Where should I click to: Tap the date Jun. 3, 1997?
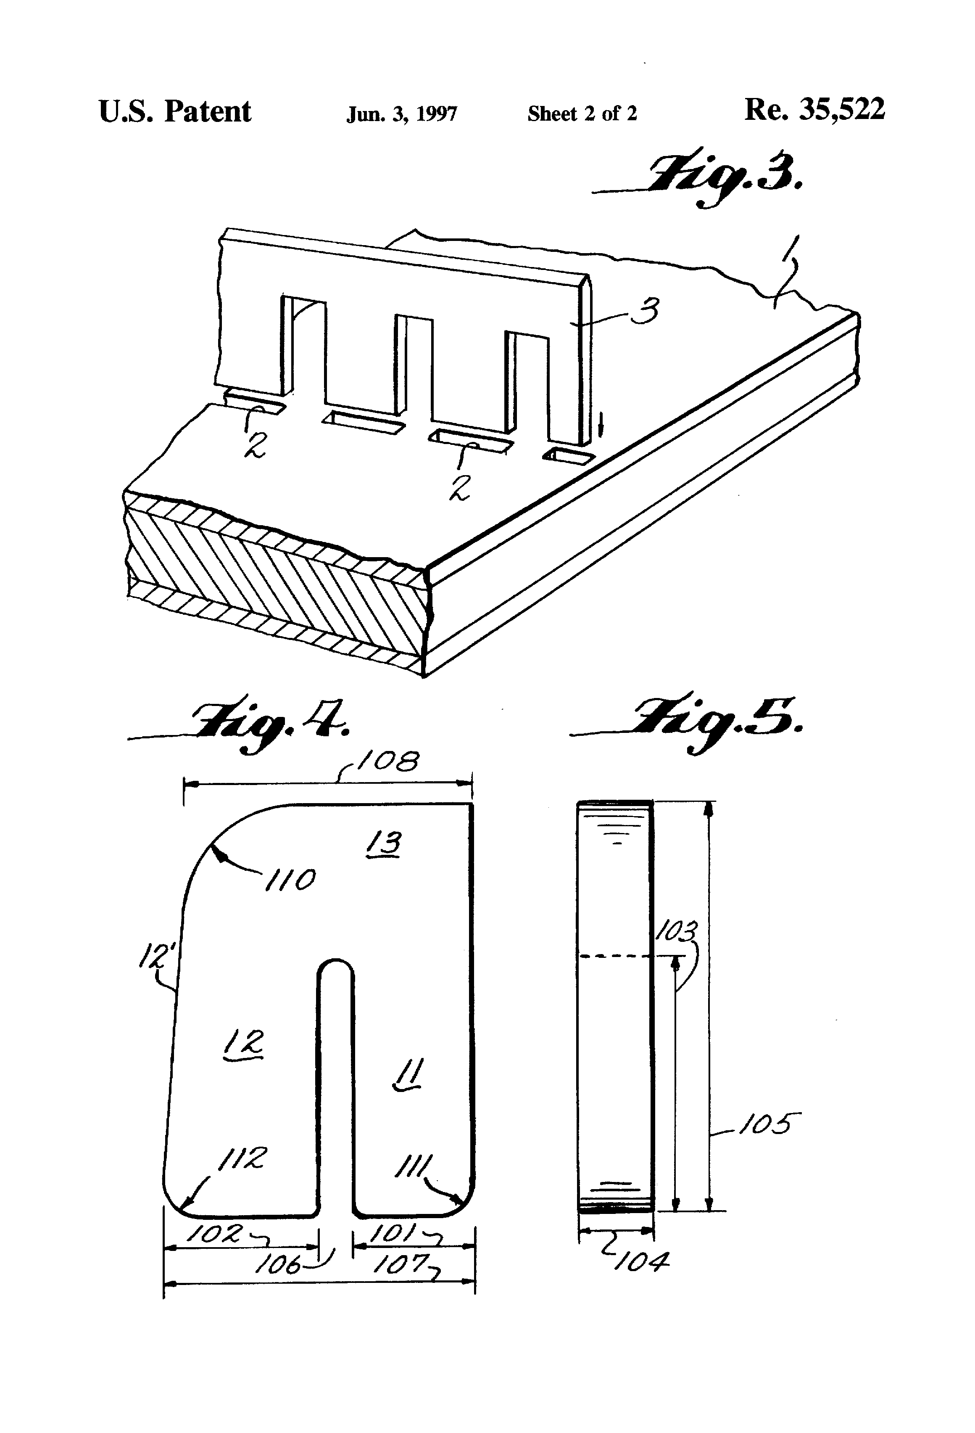point(402,114)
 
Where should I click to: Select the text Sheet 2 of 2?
point(582,114)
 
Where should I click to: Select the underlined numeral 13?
point(384,843)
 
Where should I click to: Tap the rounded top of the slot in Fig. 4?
point(336,967)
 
